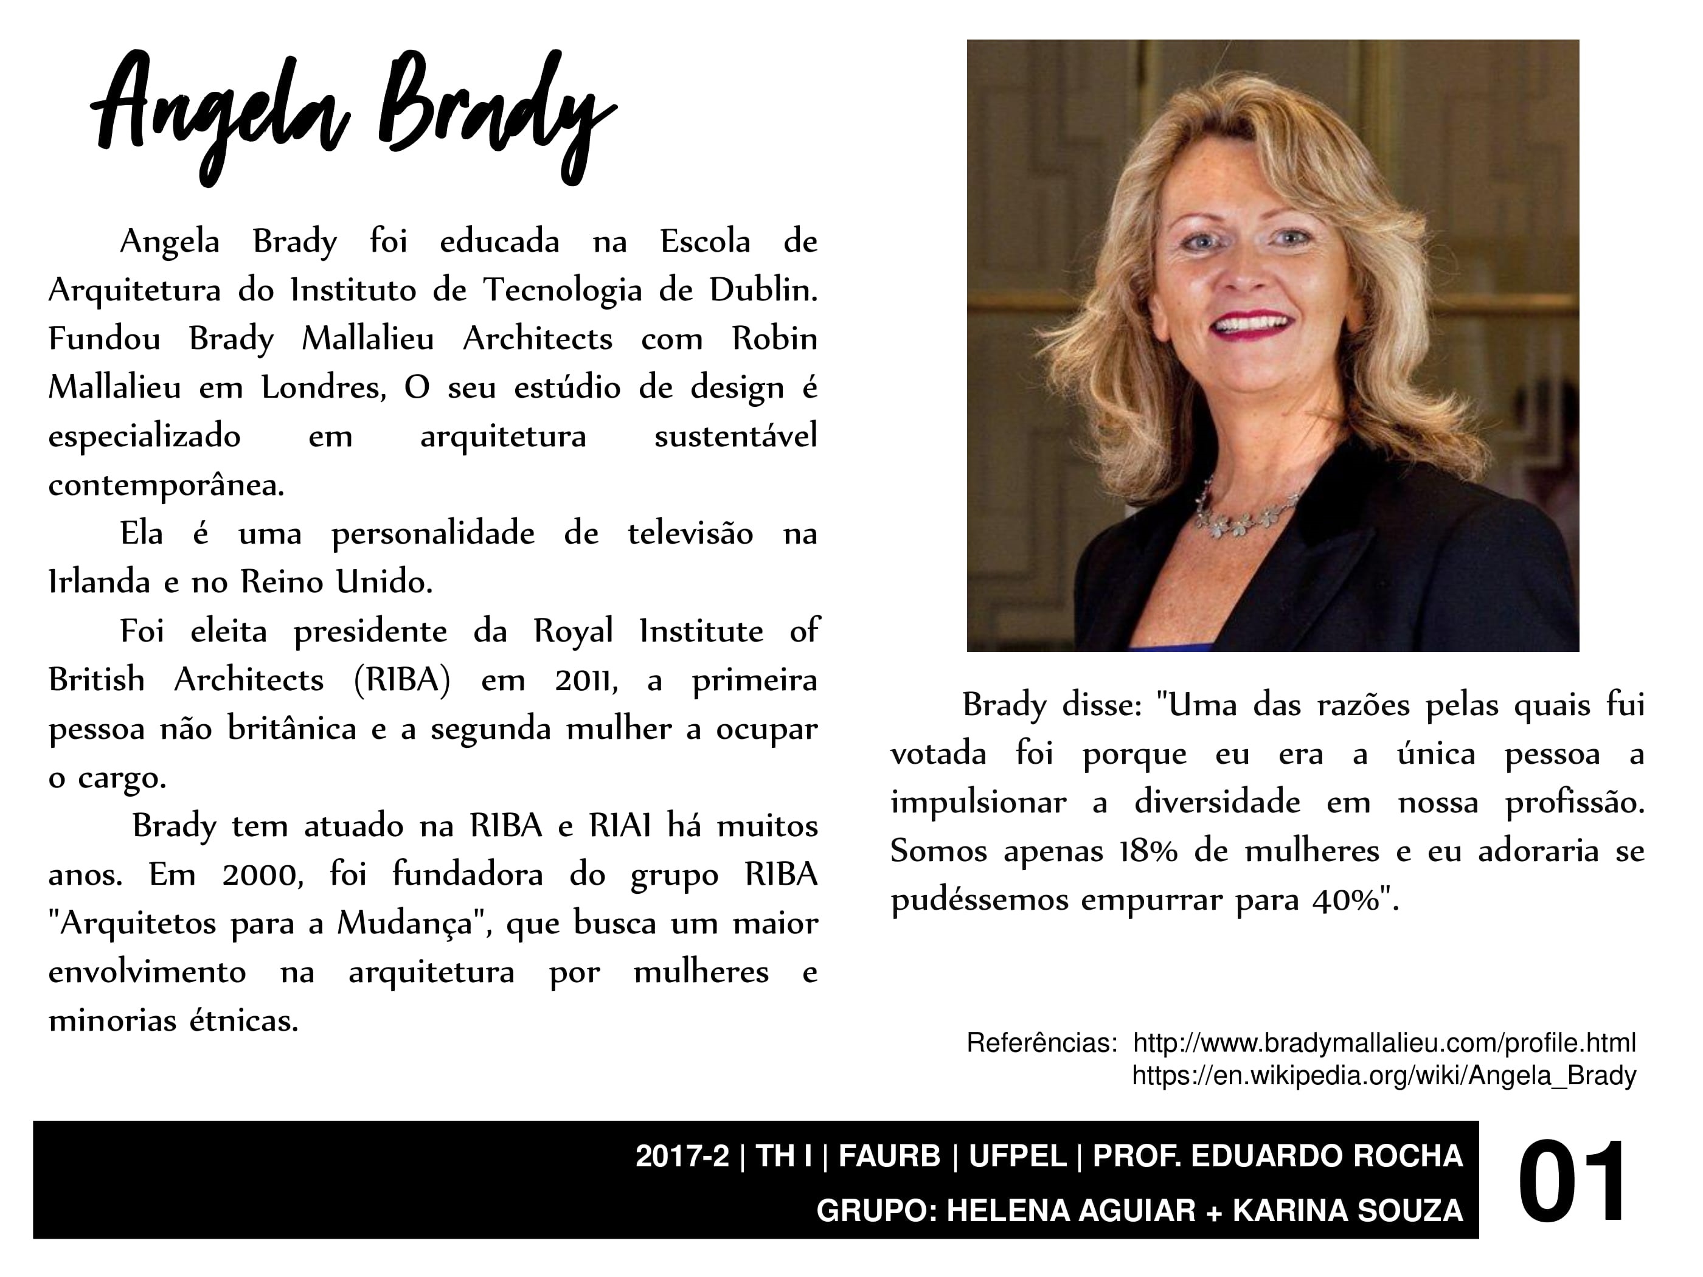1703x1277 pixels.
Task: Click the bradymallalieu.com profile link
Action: pos(1384,1043)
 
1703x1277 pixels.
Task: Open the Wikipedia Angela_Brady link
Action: pos(1384,1075)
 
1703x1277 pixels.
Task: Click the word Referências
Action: pos(1041,1043)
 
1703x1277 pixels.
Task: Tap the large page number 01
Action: pos(1572,1182)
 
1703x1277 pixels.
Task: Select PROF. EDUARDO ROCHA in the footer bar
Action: pos(1277,1156)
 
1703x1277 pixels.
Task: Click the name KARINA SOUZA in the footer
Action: pos(1347,1211)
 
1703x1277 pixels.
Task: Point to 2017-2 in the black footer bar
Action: pos(681,1156)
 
